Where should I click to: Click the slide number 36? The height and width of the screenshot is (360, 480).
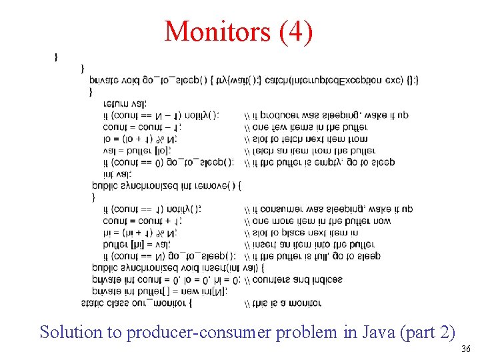tap(465, 349)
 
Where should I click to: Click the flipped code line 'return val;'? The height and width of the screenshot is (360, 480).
tap(125, 103)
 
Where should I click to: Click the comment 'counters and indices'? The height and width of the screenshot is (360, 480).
tap(293, 280)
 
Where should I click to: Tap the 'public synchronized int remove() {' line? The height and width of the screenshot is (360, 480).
tap(167, 185)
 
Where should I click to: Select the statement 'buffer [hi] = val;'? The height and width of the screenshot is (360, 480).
tap(133, 244)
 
